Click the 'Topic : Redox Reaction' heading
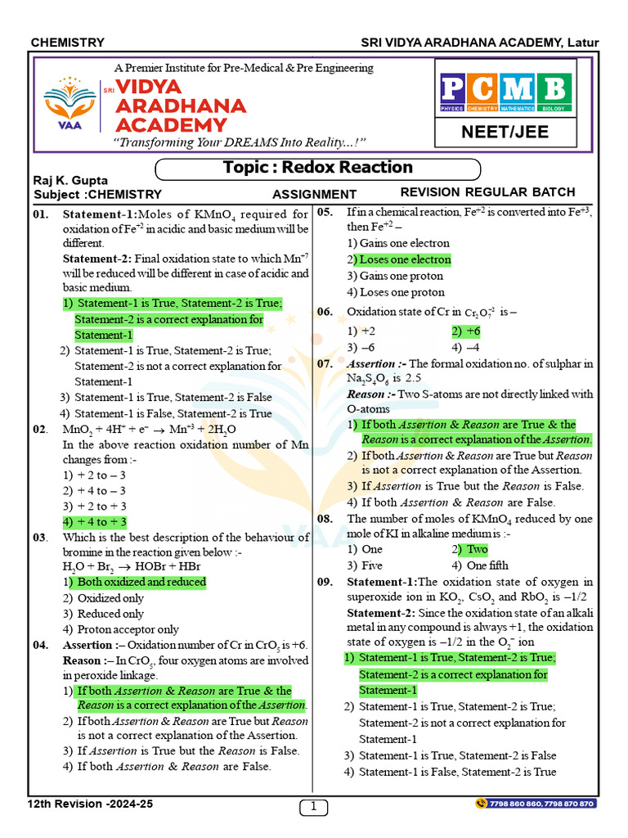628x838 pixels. [317, 168]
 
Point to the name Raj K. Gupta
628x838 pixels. [71, 180]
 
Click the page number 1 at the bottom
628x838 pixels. [313, 807]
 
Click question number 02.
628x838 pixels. [41, 430]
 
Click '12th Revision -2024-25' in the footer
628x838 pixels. [90, 804]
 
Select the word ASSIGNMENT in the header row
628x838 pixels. [314, 194]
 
